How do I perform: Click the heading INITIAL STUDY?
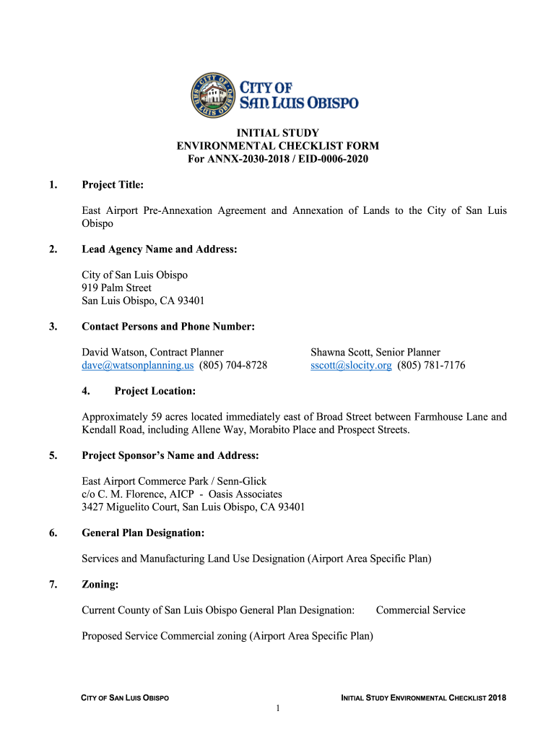[278, 133]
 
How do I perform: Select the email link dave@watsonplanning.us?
[138, 366]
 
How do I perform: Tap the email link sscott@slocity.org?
[351, 366]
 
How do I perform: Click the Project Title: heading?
[113, 186]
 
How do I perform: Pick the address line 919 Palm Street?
[116, 288]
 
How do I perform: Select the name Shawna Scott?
[342, 353]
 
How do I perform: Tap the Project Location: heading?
[155, 392]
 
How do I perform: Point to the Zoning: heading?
[100, 584]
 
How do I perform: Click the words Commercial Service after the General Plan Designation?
[420, 611]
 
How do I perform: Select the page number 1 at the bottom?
[278, 709]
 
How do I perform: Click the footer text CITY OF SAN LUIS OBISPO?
[124, 698]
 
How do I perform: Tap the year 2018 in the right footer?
[497, 698]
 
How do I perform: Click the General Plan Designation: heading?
[143, 533]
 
